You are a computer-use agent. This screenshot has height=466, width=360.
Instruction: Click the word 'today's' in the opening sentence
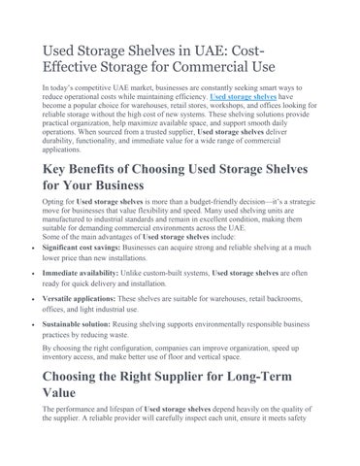click(60, 88)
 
